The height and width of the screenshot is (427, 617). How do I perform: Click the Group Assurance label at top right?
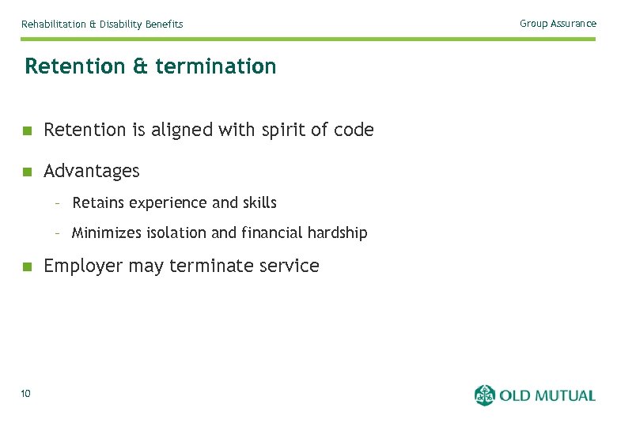558,24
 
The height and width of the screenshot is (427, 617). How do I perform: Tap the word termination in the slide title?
216,66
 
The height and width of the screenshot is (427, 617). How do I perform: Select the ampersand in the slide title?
141,66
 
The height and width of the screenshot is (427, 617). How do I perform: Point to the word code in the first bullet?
354,130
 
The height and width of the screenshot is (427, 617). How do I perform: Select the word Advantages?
92,171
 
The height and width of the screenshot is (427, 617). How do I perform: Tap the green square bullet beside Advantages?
27,172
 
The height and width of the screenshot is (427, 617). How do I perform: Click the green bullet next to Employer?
27,266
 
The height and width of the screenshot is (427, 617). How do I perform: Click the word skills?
259,203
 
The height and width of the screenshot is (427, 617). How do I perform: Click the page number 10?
26,394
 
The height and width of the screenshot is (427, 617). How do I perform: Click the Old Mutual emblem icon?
484,395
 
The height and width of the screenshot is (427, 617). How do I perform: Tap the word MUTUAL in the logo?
562,395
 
